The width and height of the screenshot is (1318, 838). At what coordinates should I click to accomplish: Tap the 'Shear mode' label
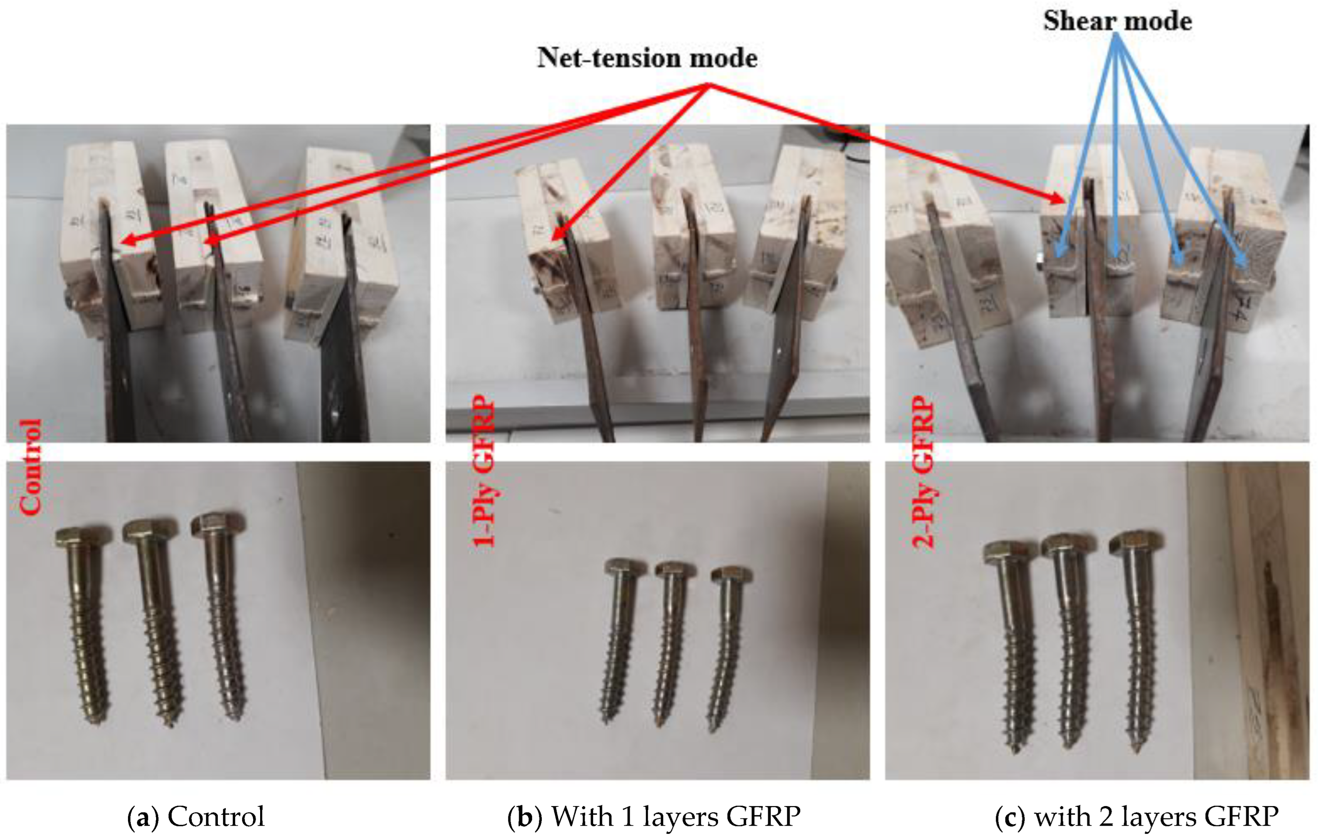1117,21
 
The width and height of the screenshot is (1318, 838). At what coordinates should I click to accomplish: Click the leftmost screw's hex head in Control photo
83,537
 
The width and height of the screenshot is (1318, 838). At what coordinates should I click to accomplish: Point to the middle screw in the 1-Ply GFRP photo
671,640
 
